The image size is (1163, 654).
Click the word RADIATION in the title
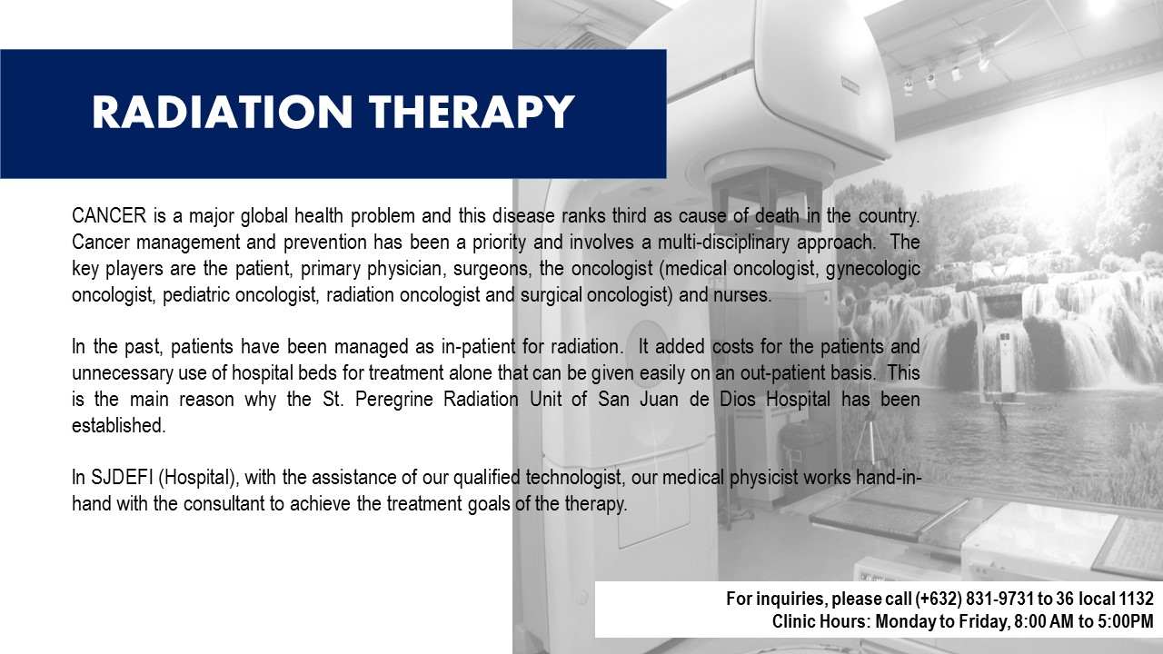pos(223,112)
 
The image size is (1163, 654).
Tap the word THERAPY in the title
pos(472,112)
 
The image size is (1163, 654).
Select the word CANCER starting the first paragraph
pos(109,215)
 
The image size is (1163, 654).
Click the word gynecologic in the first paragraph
pos(873,269)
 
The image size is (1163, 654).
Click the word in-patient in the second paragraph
pos(478,347)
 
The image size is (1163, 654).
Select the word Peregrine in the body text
pos(394,399)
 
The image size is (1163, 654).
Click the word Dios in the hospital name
pos(738,399)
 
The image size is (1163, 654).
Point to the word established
pos(119,426)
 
